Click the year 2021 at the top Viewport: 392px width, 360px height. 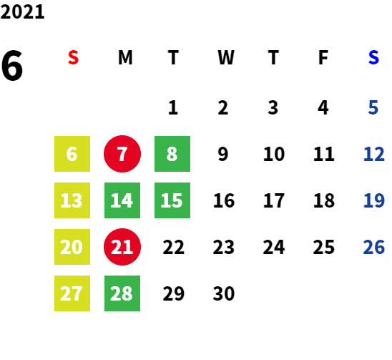pyautogui.click(x=22, y=12)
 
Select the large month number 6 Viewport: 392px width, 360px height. pyautogui.click(x=12, y=66)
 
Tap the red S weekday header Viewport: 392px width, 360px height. pyautogui.click(x=73, y=57)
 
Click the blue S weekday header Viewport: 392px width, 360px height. pyautogui.click(x=373, y=57)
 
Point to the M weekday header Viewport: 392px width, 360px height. pyautogui.click(x=125, y=57)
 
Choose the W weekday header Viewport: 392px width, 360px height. pyautogui.click(x=226, y=57)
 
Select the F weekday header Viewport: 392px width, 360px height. pyautogui.click(x=323, y=57)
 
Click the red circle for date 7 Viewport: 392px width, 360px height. pyautogui.click(x=122, y=154)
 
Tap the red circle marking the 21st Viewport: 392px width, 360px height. pyautogui.click(x=122, y=247)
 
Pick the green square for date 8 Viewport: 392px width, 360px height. pyautogui.click(x=172, y=154)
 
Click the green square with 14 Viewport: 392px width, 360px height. pyautogui.click(x=122, y=200)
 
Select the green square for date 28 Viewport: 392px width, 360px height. pyautogui.click(x=122, y=293)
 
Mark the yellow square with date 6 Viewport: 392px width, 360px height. pyautogui.click(x=72, y=154)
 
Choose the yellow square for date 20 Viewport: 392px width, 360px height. pyautogui.click(x=72, y=247)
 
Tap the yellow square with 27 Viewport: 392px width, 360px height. pyautogui.click(x=72, y=293)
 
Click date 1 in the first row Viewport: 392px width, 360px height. pyautogui.click(x=173, y=108)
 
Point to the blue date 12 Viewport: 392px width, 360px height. pyautogui.click(x=373, y=154)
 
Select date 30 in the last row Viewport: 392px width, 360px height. pyautogui.click(x=224, y=293)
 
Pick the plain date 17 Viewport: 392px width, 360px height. pyautogui.click(x=274, y=200)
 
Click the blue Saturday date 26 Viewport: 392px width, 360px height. pyautogui.click(x=373, y=247)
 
